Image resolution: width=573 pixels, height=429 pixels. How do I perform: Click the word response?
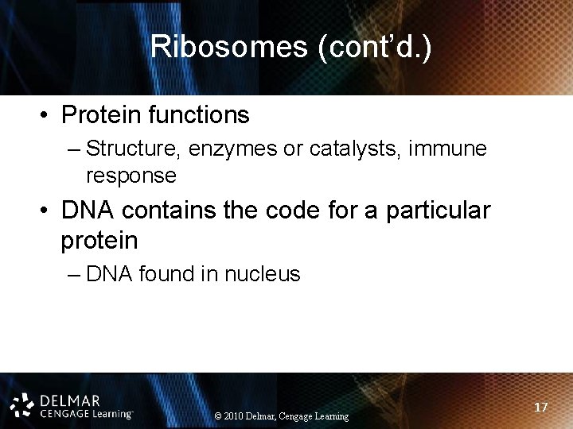click(x=131, y=175)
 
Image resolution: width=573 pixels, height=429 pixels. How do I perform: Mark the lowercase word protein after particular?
click(x=99, y=240)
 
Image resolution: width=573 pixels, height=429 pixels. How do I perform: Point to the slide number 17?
click(x=541, y=407)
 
